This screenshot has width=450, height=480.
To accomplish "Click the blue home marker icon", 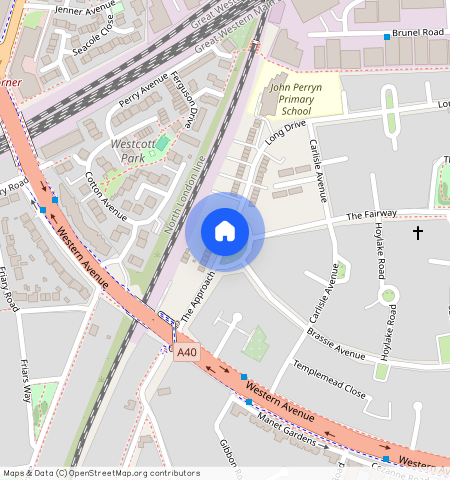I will tap(225, 231).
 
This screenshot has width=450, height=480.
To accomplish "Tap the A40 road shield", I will tap(186, 352).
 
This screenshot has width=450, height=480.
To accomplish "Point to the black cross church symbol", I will tap(418, 233).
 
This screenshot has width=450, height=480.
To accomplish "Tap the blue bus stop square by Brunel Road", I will tap(387, 36).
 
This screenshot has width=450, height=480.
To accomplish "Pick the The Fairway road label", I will tap(372, 215).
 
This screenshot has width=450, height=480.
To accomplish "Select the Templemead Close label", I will tap(328, 380).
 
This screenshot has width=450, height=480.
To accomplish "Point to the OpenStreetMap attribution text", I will tap(102, 473).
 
